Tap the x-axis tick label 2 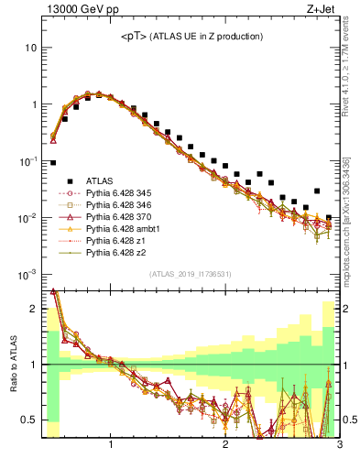(x=225, y=446)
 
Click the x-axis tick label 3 (x=339, y=446)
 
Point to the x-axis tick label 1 (x=111, y=446)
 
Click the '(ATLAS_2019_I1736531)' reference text (x=191, y=274)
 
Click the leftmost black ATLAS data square (x=53, y=163)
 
